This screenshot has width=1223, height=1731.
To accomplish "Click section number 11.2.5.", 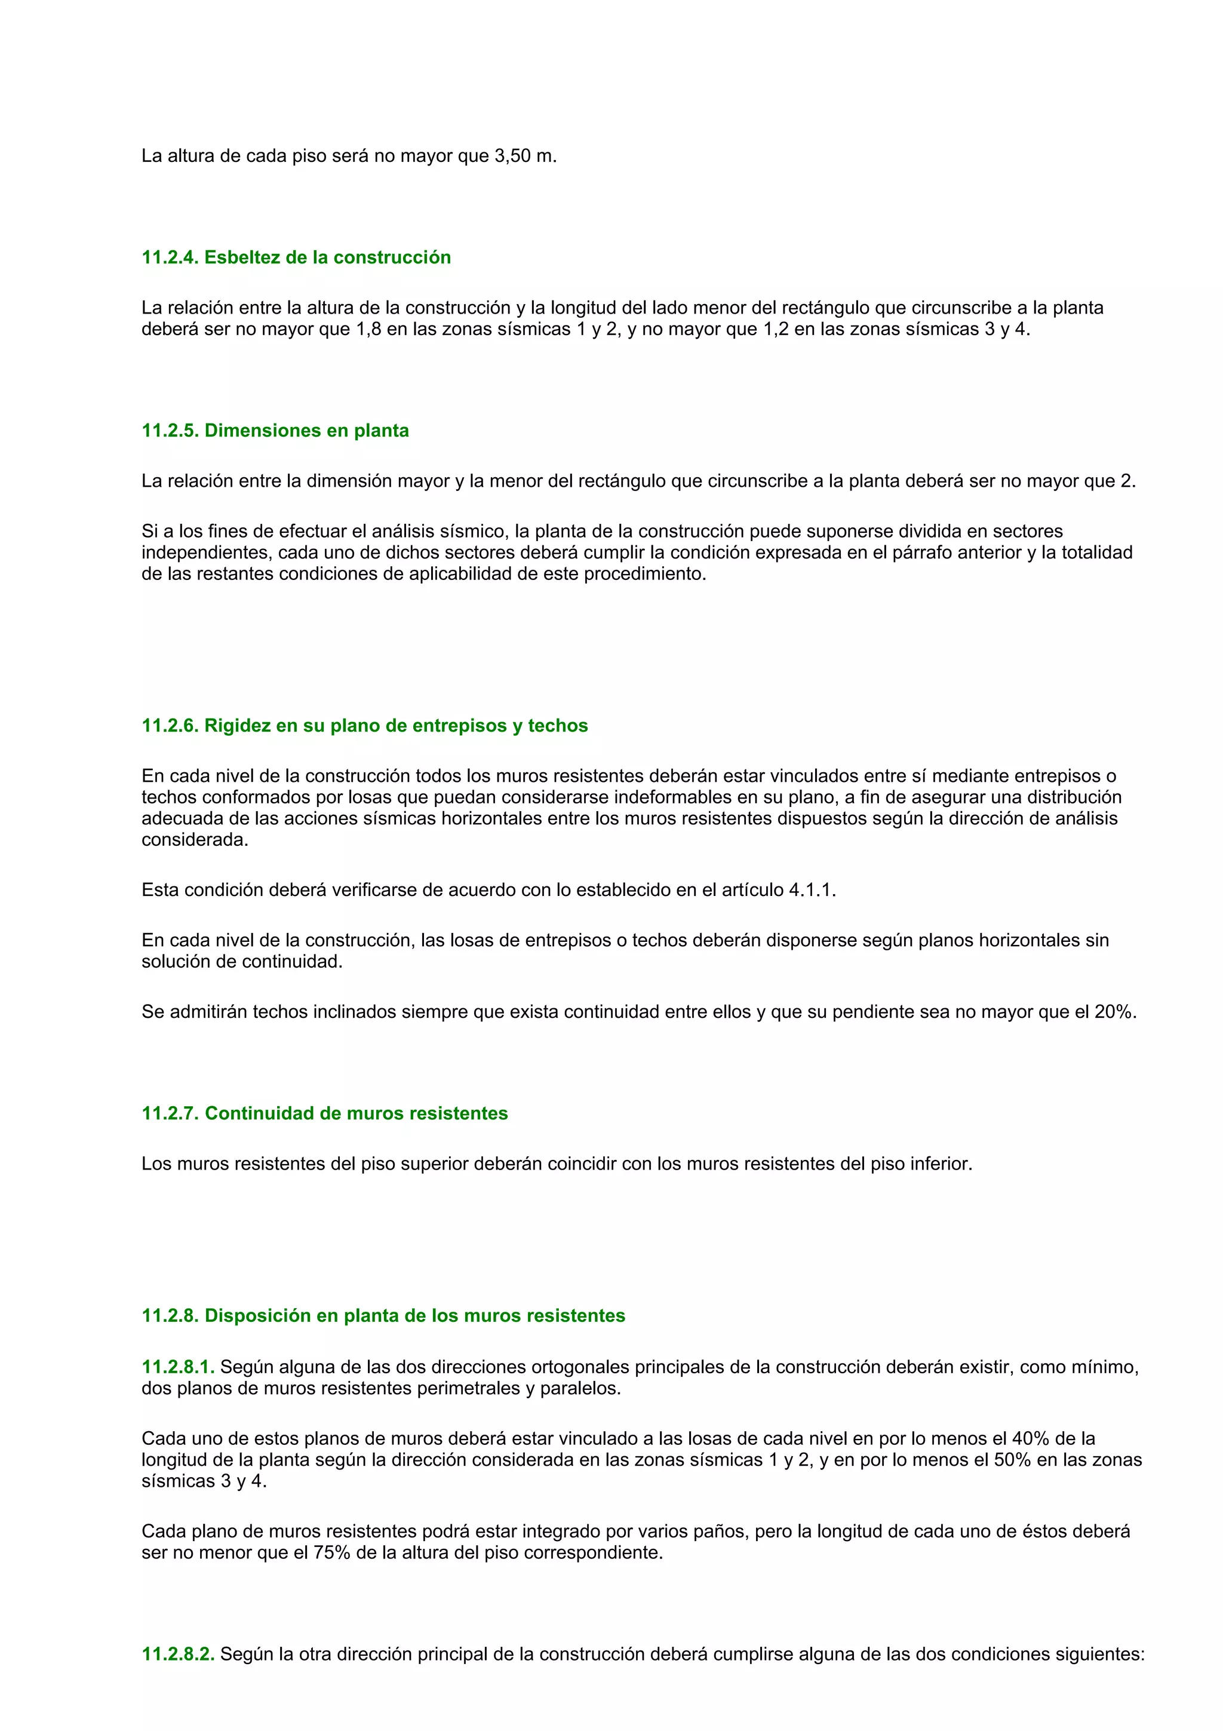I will [x=170, y=431].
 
